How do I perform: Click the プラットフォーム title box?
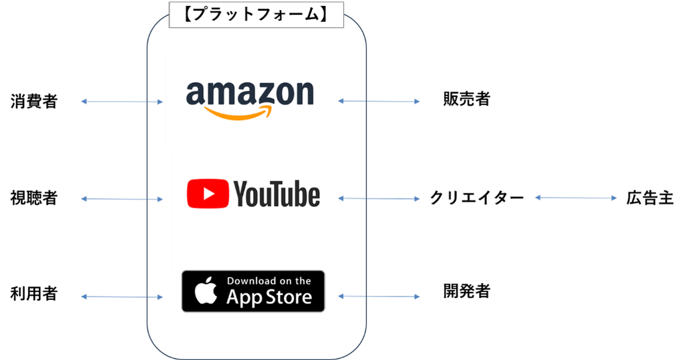[x=256, y=15]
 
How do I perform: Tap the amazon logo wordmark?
[x=250, y=93]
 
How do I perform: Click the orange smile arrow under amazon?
[x=238, y=114]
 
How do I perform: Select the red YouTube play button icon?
[x=208, y=193]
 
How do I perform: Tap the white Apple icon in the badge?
[x=206, y=290]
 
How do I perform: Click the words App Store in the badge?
[x=269, y=298]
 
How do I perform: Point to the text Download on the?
[x=269, y=281]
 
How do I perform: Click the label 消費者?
[x=34, y=102]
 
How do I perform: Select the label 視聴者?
[x=34, y=198]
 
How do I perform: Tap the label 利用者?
[x=34, y=294]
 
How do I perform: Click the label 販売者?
[x=467, y=99]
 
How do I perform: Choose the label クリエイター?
[x=477, y=198]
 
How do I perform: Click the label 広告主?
[x=650, y=198]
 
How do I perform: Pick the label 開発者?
[x=467, y=291]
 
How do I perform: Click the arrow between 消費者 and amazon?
[x=122, y=102]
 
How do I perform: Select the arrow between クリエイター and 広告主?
[x=576, y=198]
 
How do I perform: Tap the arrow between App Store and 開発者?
[x=379, y=297]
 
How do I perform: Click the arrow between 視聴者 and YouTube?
[x=122, y=199]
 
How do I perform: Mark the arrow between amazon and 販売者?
[x=379, y=102]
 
